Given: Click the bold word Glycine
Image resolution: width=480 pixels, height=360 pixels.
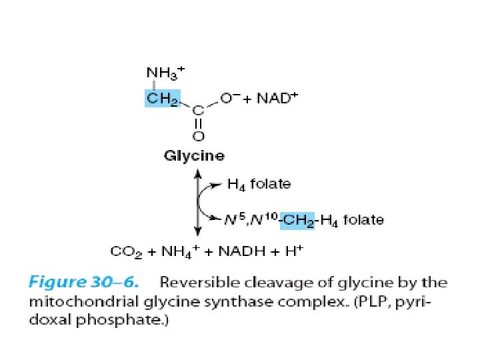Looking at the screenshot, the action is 194,156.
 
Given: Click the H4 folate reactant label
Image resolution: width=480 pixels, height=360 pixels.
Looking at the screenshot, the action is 259,183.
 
